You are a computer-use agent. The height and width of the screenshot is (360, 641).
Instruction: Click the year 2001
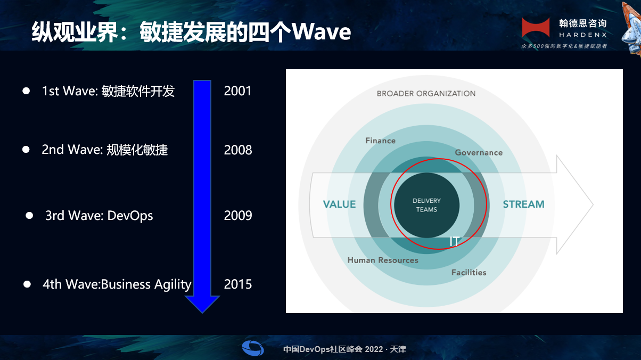pyautogui.click(x=237, y=91)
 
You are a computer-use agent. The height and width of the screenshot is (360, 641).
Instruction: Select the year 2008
pyautogui.click(x=238, y=150)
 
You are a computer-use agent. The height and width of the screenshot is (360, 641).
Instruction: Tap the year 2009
pyautogui.click(x=238, y=216)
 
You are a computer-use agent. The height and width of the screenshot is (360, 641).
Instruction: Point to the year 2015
pyautogui.click(x=238, y=284)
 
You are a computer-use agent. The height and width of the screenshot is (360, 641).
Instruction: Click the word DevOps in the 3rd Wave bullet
pyautogui.click(x=130, y=216)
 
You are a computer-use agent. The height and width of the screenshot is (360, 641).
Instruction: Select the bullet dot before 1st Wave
pyautogui.click(x=26, y=91)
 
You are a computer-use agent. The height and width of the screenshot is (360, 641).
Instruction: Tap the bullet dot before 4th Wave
pyautogui.click(x=27, y=284)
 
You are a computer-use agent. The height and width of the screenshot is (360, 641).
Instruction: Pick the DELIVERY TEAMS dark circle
pyautogui.click(x=426, y=205)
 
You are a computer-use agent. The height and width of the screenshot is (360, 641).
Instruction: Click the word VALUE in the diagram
pyautogui.click(x=339, y=204)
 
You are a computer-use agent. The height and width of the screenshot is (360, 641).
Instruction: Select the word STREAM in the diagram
pyautogui.click(x=524, y=204)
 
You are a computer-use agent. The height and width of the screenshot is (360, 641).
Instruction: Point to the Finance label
pyautogui.click(x=380, y=141)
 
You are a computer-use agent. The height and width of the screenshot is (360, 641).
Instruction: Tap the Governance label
pyautogui.click(x=479, y=152)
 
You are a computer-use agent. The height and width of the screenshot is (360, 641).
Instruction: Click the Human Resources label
pyautogui.click(x=383, y=260)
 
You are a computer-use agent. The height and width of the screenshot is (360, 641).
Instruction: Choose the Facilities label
pyautogui.click(x=469, y=273)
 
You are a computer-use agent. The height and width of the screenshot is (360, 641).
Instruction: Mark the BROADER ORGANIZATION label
pyautogui.click(x=426, y=94)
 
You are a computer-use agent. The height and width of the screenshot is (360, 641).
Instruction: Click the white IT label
pyautogui.click(x=455, y=242)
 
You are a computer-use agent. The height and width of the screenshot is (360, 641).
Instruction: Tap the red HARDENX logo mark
pyautogui.click(x=536, y=28)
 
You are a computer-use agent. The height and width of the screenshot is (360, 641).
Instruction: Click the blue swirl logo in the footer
pyautogui.click(x=253, y=348)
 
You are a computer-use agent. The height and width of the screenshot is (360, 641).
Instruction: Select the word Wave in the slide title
pyautogui.click(x=322, y=31)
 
